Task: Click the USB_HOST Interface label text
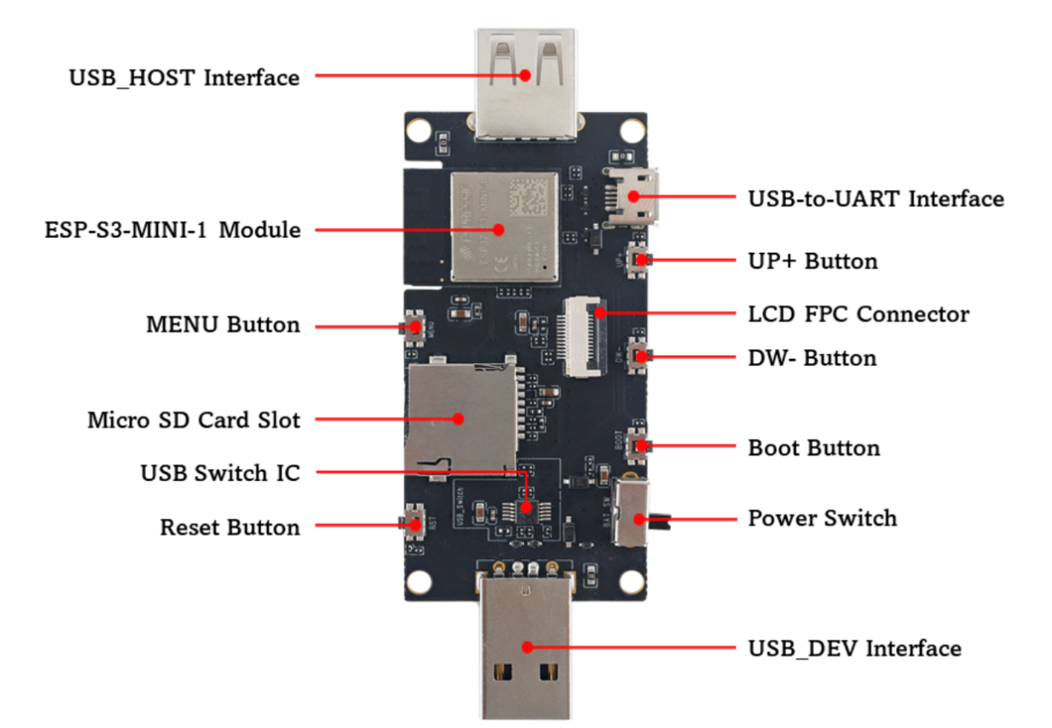183,78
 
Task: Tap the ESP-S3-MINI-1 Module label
172,230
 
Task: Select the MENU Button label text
223,324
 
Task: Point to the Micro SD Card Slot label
193,420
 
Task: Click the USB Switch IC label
220,473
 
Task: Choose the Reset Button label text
230,527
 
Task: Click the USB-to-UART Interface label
875,199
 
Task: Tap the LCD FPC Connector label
858,314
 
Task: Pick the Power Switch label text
822,518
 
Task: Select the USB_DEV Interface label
854,648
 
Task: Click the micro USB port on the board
633,197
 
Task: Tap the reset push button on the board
413,523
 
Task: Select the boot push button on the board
639,445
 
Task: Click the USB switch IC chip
525,507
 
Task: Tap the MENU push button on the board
413,326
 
